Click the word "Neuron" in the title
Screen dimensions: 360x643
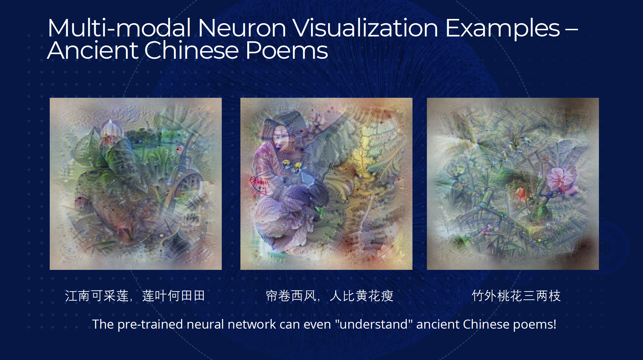point(242,28)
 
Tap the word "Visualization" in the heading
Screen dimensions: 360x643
point(365,28)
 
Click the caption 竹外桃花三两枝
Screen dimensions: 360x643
point(516,296)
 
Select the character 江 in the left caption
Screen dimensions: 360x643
point(71,296)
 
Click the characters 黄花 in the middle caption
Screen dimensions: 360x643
point(368,296)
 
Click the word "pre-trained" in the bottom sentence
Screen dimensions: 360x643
point(150,324)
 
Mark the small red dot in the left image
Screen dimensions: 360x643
point(179,149)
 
